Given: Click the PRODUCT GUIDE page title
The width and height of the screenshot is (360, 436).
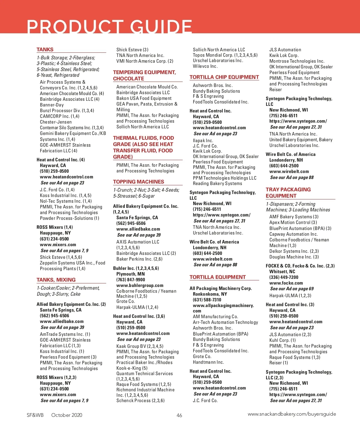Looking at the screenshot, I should (x=109, y=27).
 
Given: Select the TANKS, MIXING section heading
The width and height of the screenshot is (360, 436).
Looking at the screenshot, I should (x=56, y=280).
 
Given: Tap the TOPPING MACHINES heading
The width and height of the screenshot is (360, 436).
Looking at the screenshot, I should (x=139, y=182).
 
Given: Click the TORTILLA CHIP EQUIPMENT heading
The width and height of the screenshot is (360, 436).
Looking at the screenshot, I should (x=224, y=77).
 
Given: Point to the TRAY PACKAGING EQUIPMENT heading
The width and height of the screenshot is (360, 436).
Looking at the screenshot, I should (x=288, y=193).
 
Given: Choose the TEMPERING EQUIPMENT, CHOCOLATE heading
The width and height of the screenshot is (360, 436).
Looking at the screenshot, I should (x=144, y=75).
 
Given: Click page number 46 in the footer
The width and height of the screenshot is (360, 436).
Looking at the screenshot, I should (x=179, y=415).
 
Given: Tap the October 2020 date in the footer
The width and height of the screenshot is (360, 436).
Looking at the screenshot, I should (x=67, y=415).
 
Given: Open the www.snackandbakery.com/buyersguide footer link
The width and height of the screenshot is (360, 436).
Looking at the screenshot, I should (x=292, y=414).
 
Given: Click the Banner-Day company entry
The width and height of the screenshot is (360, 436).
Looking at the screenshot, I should (x=52, y=105).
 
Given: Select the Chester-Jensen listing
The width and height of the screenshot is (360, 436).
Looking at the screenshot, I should (x=56, y=122).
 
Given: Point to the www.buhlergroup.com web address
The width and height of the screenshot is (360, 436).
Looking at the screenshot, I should (x=140, y=285).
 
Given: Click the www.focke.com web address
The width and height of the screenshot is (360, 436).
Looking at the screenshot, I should (x=286, y=283).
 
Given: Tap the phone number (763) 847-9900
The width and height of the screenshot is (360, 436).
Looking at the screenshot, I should (x=130, y=280).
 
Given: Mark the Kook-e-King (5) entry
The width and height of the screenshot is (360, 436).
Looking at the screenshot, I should (x=132, y=368).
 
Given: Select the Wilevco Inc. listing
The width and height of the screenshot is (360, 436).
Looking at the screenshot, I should (x=205, y=66).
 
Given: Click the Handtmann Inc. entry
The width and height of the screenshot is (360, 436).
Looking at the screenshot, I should (x=208, y=362).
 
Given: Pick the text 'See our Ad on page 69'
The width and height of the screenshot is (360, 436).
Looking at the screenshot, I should (x=292, y=289).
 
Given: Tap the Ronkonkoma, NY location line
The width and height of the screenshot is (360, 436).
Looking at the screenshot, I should (x=210, y=294).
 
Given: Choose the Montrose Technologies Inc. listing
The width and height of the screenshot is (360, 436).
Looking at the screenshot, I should (x=297, y=61).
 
